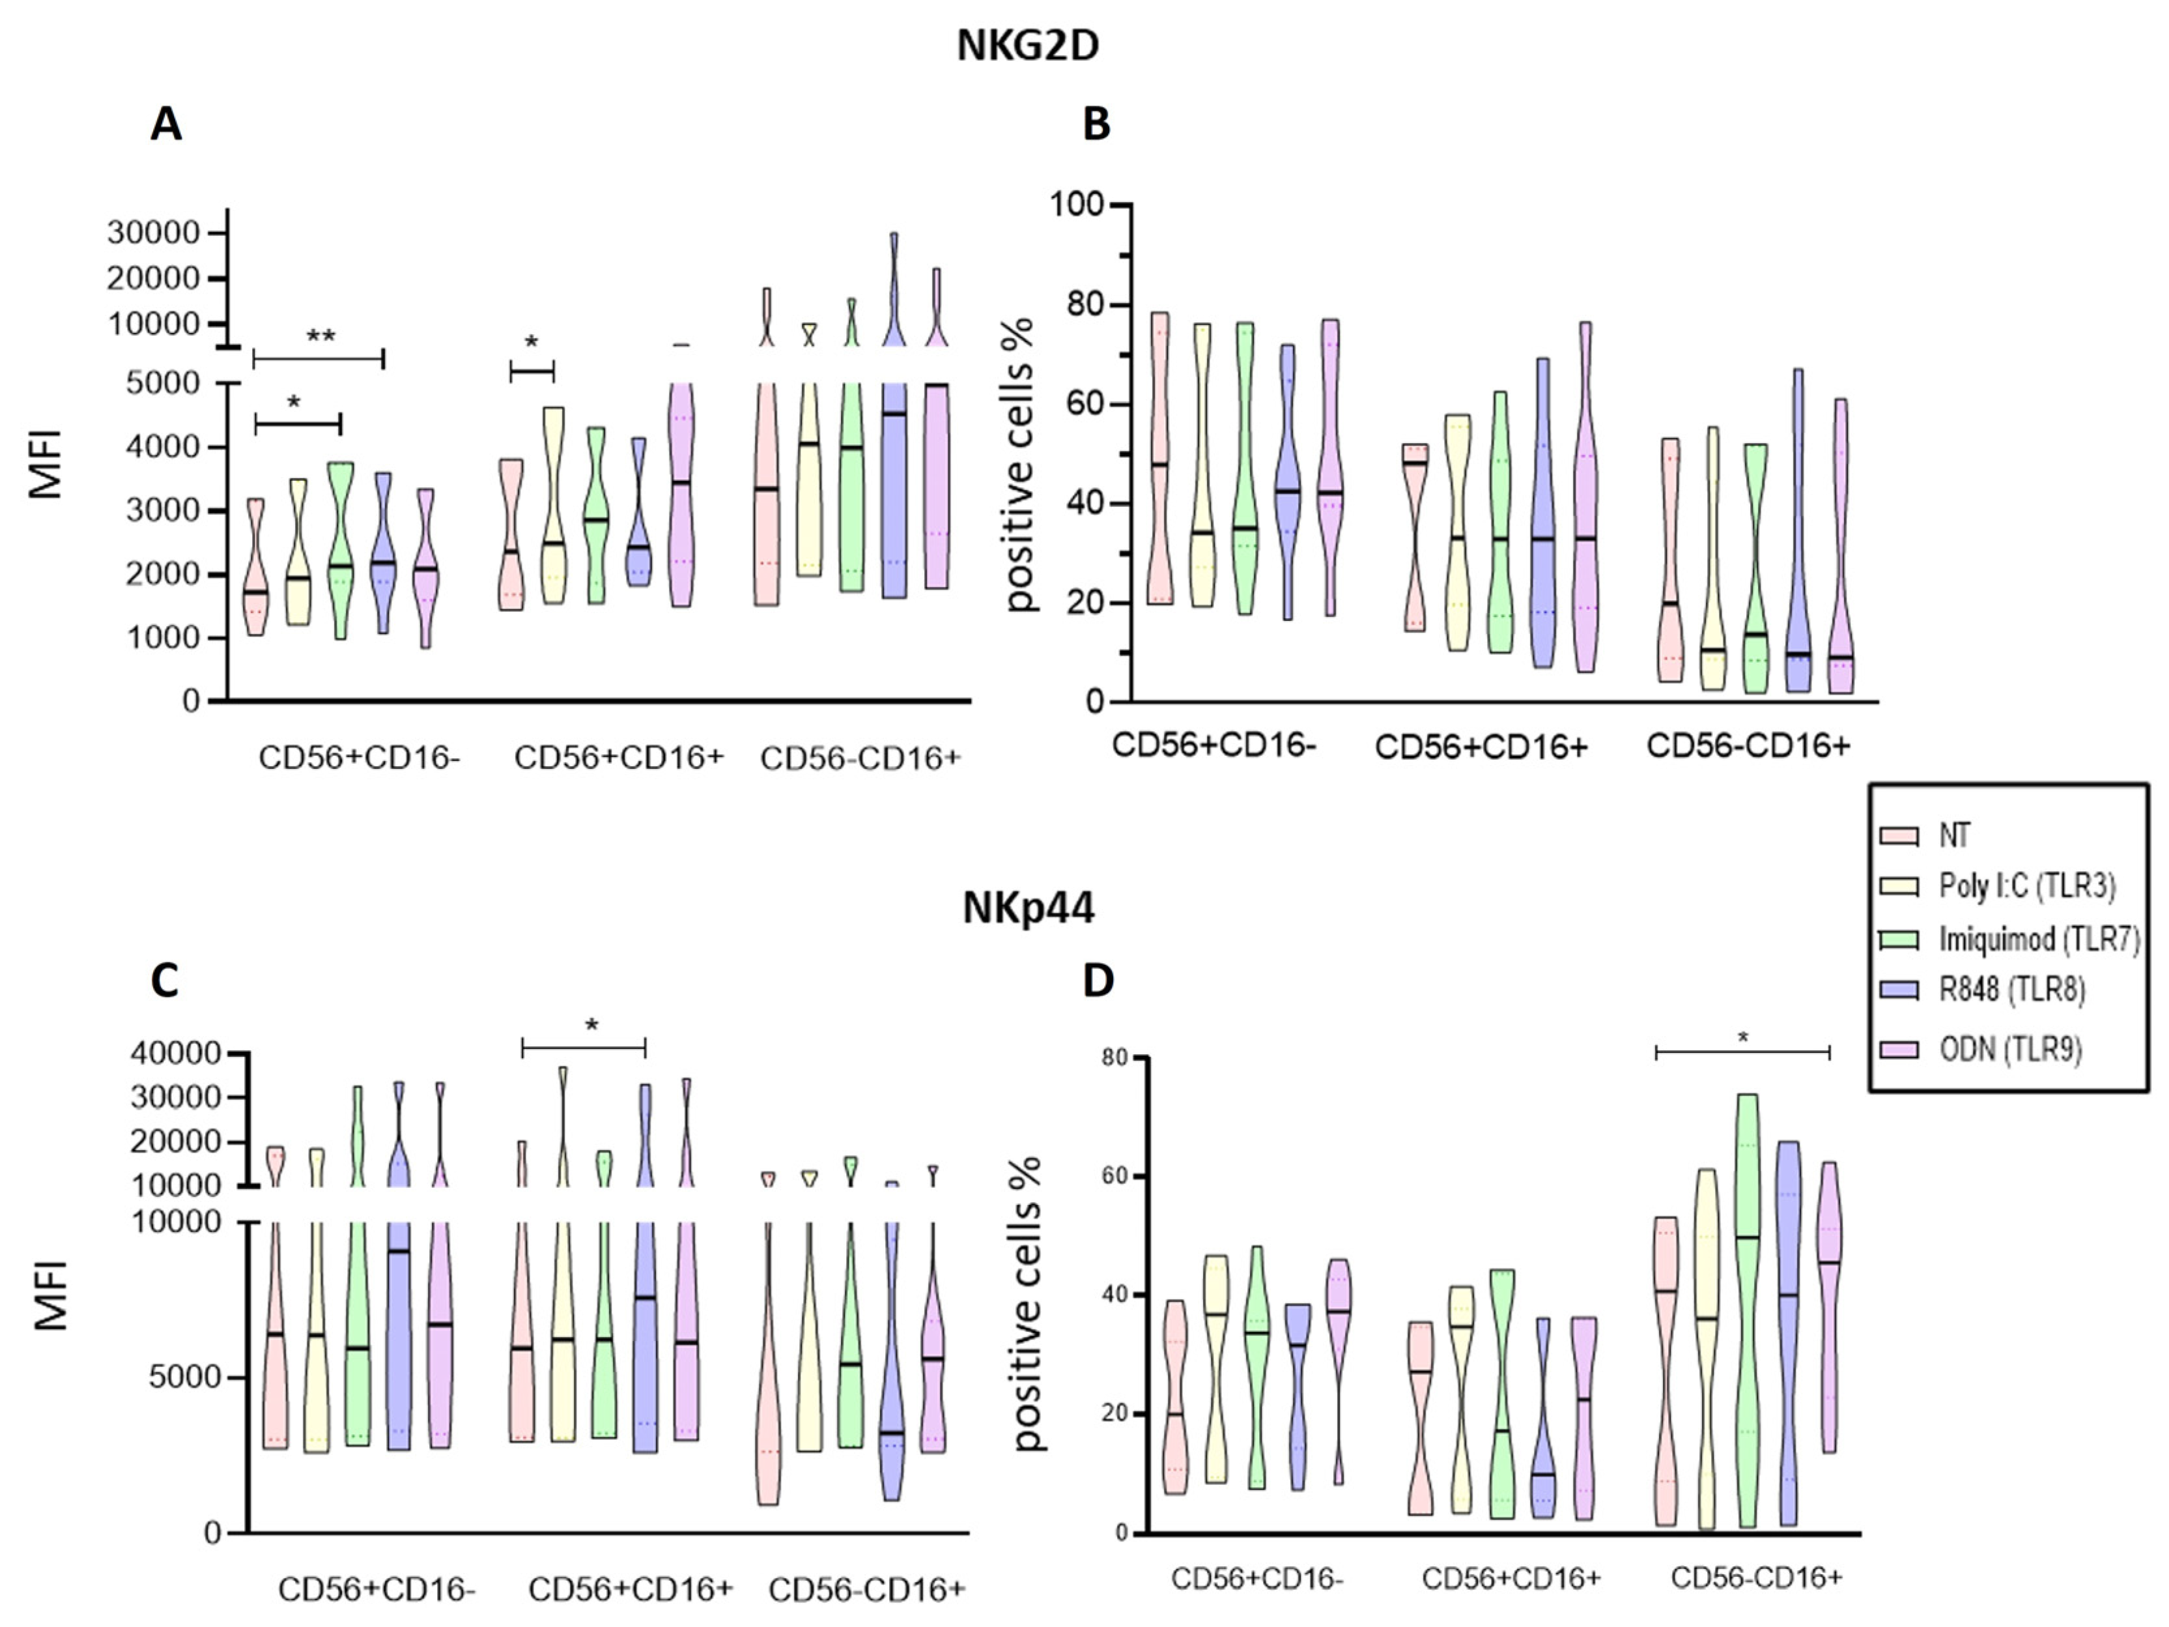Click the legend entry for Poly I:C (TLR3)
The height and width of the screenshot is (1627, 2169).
coord(2026,887)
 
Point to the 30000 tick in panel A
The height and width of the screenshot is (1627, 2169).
coord(153,233)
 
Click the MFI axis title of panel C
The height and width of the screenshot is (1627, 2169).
coord(51,1295)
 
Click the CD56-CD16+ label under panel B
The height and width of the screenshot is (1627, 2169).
coord(1748,746)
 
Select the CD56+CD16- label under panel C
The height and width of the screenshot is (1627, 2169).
coord(376,1590)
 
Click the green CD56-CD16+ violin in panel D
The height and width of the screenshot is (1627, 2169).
coord(1746,1304)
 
